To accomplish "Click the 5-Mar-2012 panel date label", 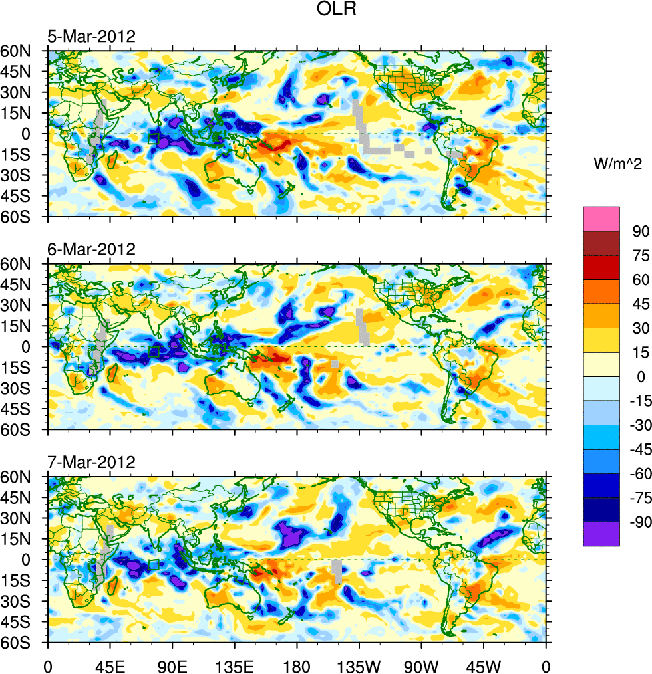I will click(x=91, y=37).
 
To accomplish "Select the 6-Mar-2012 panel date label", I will click(x=91, y=250).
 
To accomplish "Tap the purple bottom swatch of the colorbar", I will click(x=601, y=534).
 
